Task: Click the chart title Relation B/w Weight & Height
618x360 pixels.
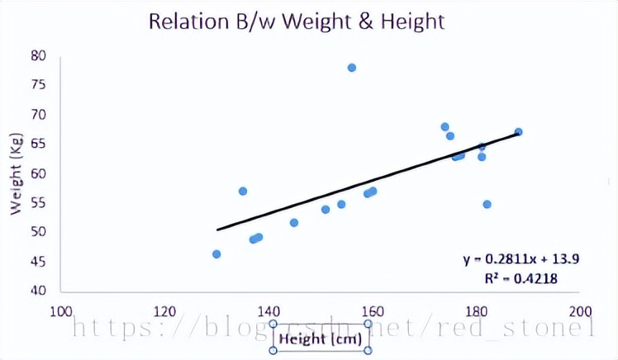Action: point(297,21)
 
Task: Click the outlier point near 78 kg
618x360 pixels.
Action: point(352,68)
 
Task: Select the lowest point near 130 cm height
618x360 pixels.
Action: point(216,254)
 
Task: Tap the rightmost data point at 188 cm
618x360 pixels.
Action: point(519,132)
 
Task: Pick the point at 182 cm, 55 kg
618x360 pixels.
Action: point(487,204)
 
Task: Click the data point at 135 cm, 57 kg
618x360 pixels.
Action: point(243,191)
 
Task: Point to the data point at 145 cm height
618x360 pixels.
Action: point(294,223)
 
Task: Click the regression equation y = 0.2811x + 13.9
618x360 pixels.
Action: point(521,259)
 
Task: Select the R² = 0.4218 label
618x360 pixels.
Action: point(521,278)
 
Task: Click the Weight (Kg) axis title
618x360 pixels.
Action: point(17,174)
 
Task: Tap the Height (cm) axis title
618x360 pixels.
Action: point(321,338)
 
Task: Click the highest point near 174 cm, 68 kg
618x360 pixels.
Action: point(445,127)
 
